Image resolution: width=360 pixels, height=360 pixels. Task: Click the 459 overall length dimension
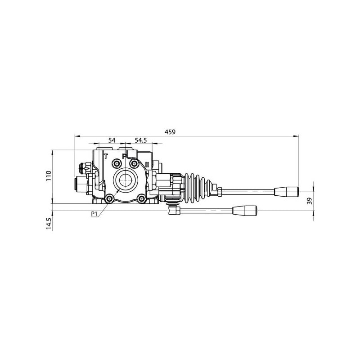coord(170,132)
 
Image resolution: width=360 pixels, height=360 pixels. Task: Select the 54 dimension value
coord(112,140)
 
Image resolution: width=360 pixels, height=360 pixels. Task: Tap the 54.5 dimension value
coord(140,140)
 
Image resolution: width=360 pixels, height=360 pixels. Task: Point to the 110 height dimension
coord(49,176)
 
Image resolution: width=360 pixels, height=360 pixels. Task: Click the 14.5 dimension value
coord(49,223)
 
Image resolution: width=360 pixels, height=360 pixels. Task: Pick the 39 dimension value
coord(310,201)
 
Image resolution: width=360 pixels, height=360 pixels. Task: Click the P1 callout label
coord(94,214)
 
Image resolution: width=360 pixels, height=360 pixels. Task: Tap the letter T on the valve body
coord(106,157)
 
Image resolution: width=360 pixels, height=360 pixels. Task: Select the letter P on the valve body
coord(124,157)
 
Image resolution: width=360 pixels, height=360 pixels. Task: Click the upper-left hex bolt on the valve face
coord(117,163)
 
